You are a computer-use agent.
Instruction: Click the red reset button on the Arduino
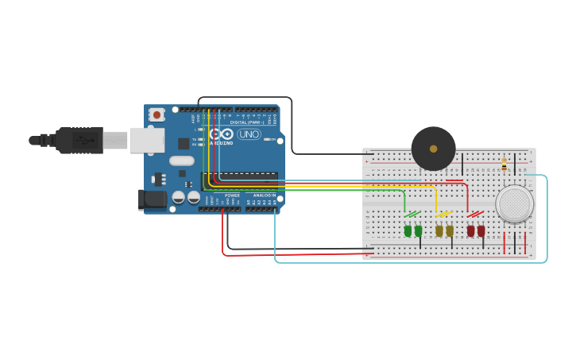(157, 114)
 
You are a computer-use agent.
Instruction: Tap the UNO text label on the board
(249, 134)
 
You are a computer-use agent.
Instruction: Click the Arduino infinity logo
(223, 134)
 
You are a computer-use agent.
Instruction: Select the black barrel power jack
(152, 199)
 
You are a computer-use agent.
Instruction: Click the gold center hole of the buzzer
(433, 149)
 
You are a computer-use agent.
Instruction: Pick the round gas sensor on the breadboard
(514, 203)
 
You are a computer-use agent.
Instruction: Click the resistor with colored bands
(504, 165)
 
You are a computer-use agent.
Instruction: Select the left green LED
(408, 230)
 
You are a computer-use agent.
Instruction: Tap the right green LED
(418, 230)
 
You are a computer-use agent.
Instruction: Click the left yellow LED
(439, 230)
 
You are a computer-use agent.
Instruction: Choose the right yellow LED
(450, 230)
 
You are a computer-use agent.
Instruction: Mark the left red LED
(470, 230)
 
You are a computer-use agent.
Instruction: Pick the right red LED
(481, 230)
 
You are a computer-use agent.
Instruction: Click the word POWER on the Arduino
(232, 195)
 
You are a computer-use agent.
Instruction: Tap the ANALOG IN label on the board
(265, 195)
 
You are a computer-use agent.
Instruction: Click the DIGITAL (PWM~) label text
(247, 122)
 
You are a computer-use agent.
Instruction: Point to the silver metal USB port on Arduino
(147, 140)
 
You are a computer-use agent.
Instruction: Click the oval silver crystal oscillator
(181, 161)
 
